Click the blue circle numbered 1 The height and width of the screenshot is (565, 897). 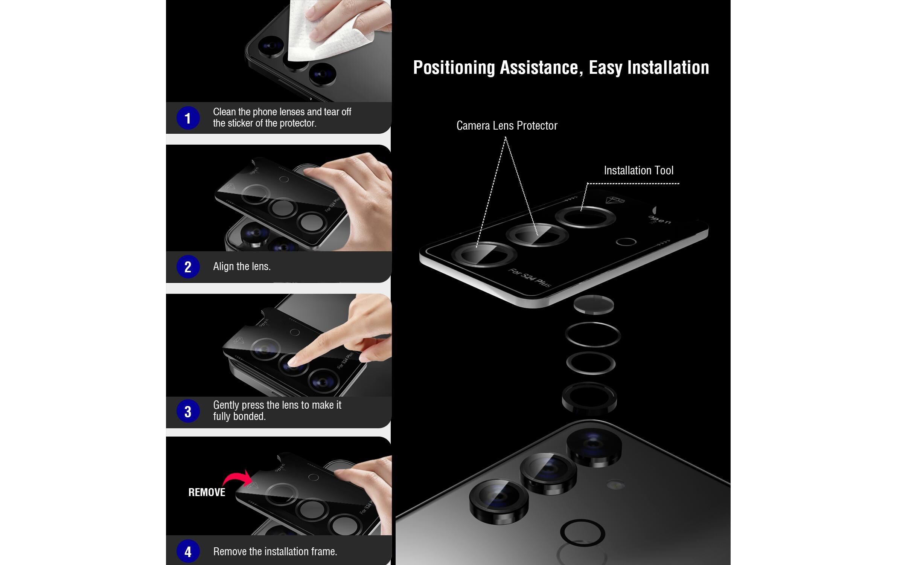(x=188, y=118)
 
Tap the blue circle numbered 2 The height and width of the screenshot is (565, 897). (x=188, y=267)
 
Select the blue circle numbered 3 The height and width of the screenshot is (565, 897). (x=188, y=411)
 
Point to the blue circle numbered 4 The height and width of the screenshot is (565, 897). (x=188, y=551)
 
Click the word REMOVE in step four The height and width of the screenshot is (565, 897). (x=207, y=492)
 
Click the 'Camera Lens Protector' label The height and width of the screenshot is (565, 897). (x=507, y=125)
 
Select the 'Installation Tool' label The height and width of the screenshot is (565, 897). (x=638, y=170)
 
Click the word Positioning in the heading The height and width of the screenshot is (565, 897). (x=454, y=68)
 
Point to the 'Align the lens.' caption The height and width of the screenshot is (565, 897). (x=242, y=267)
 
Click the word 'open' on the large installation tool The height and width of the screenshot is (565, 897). (x=659, y=220)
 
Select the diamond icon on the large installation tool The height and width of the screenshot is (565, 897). (x=615, y=200)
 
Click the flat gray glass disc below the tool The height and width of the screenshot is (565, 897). (x=594, y=304)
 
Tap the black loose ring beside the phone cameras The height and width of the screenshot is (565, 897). (x=582, y=533)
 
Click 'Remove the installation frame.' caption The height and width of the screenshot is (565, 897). (x=275, y=551)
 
